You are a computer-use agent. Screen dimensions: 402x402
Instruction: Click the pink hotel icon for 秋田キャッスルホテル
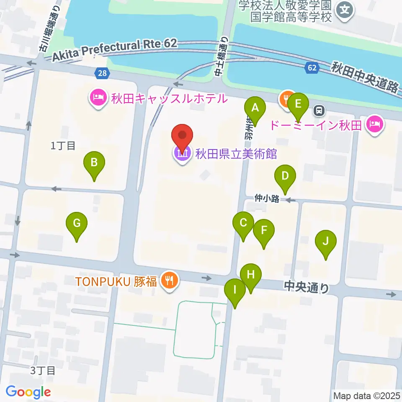point(98,99)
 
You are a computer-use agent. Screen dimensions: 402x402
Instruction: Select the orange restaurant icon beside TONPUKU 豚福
point(169,280)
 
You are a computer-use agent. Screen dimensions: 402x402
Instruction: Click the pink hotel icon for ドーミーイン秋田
point(375,124)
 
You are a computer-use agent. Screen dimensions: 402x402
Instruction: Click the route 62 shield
point(312,68)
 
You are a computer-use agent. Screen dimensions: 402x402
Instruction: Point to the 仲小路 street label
point(266,199)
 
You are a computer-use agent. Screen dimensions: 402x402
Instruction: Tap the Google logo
point(28,392)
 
